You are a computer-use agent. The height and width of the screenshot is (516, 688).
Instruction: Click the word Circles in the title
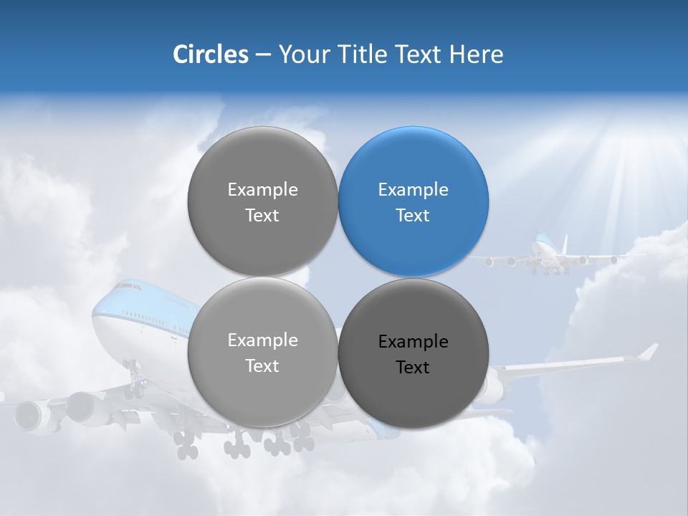[x=210, y=54]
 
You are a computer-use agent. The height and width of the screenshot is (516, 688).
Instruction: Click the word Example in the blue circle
[x=413, y=190]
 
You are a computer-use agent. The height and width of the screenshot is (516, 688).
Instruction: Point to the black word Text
[x=412, y=368]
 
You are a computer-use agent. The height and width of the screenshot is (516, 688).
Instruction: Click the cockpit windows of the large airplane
[x=128, y=287]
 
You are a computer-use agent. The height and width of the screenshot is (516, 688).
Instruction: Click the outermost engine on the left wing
[x=29, y=416]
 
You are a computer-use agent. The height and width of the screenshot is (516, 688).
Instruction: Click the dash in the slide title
[x=262, y=55]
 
